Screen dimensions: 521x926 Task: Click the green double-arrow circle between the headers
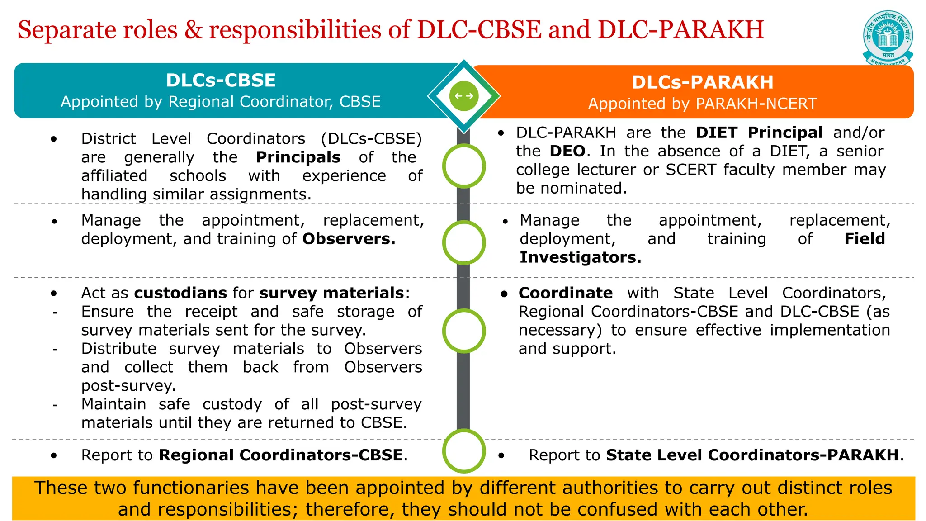464,96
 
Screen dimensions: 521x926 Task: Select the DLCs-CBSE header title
221,81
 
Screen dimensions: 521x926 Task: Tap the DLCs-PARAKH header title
702,82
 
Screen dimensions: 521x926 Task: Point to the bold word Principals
298,157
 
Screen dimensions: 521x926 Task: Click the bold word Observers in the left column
349,239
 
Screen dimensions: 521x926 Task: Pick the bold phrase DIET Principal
759,133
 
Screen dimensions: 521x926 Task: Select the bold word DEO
567,151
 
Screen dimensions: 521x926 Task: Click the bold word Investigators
580,257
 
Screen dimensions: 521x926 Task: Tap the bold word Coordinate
565,293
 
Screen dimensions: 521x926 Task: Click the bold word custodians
180,293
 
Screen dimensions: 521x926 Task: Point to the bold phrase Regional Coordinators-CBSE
281,455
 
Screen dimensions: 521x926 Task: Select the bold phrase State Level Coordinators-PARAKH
752,455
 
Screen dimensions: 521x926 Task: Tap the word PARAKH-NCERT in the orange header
756,104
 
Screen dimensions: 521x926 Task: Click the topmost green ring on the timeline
464,166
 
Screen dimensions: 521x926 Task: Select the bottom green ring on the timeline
464,451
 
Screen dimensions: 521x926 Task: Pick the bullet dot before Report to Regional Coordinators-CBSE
54,455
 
